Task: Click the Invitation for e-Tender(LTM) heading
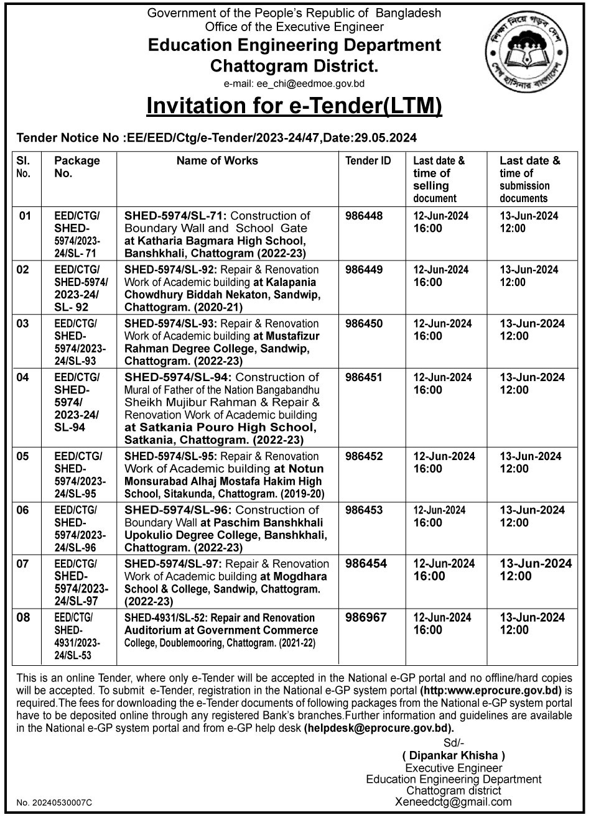click(x=294, y=106)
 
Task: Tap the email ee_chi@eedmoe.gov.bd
click(x=294, y=83)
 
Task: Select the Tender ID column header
click(x=368, y=161)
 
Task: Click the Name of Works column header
click(x=217, y=161)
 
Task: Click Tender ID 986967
click(x=367, y=618)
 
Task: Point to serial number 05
click(x=24, y=456)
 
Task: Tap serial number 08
click(x=24, y=618)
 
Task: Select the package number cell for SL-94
click(x=77, y=402)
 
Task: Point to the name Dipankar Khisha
click(x=454, y=755)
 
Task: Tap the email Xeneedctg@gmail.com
click(x=454, y=802)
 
